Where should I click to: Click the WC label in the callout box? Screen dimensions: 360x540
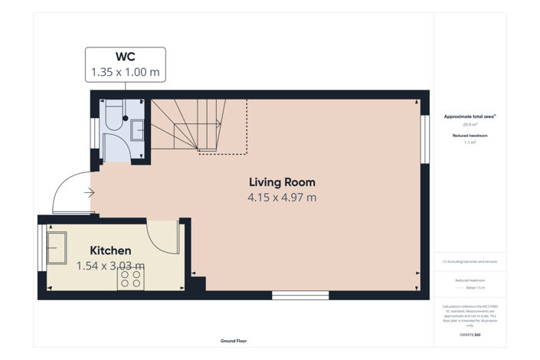coord(125,57)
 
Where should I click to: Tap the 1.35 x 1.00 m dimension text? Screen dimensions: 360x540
coord(125,72)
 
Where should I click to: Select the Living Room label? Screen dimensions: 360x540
coord(282,182)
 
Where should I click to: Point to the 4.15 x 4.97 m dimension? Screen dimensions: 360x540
coord(282,198)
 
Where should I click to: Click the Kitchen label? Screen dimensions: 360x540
coord(110,250)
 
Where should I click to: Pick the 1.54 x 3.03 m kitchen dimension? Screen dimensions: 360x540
coord(110,266)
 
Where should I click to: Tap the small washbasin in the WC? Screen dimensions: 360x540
coord(137,130)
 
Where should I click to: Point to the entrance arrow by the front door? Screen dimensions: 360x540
coord(90,192)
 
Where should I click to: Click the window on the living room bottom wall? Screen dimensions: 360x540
coord(300,295)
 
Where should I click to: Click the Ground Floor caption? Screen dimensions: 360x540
coord(234,340)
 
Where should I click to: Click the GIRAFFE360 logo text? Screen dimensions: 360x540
coord(470,335)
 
